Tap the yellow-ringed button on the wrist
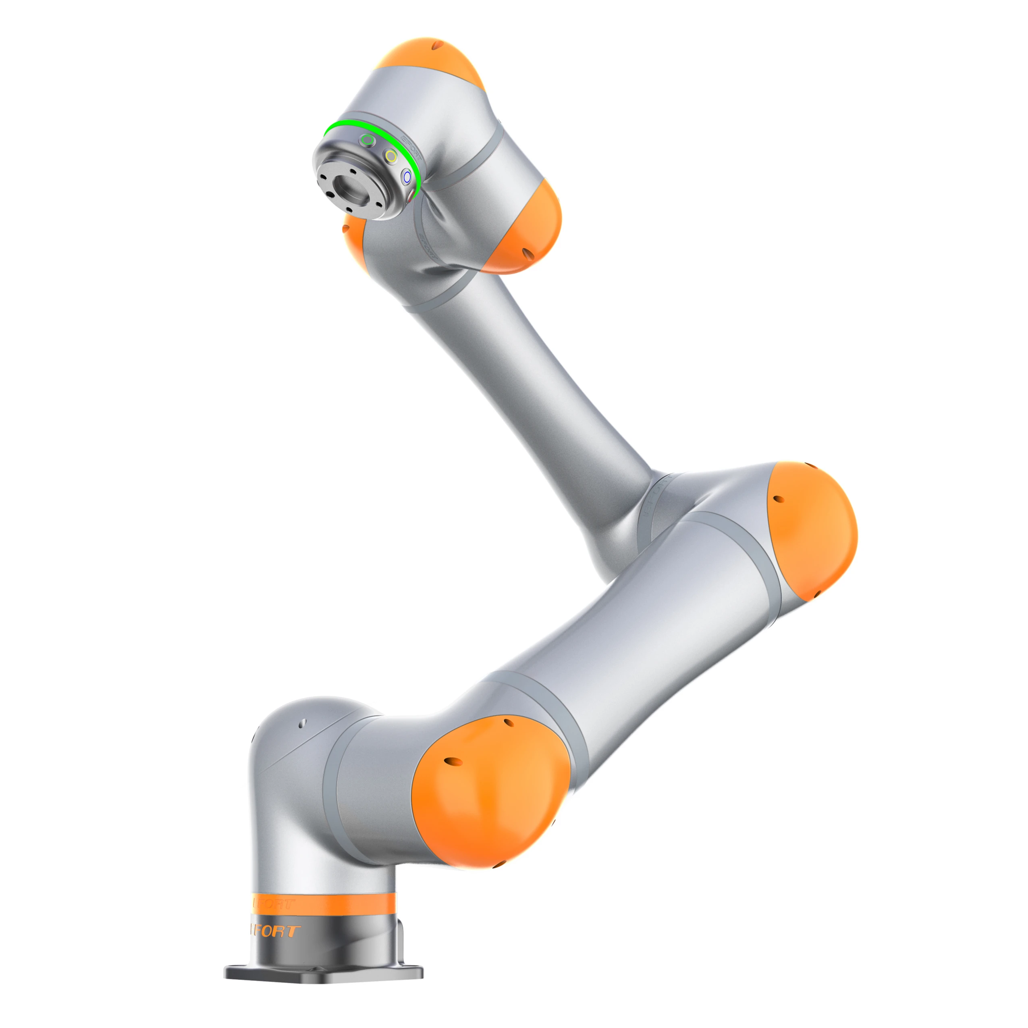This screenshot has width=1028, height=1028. tap(391, 156)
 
